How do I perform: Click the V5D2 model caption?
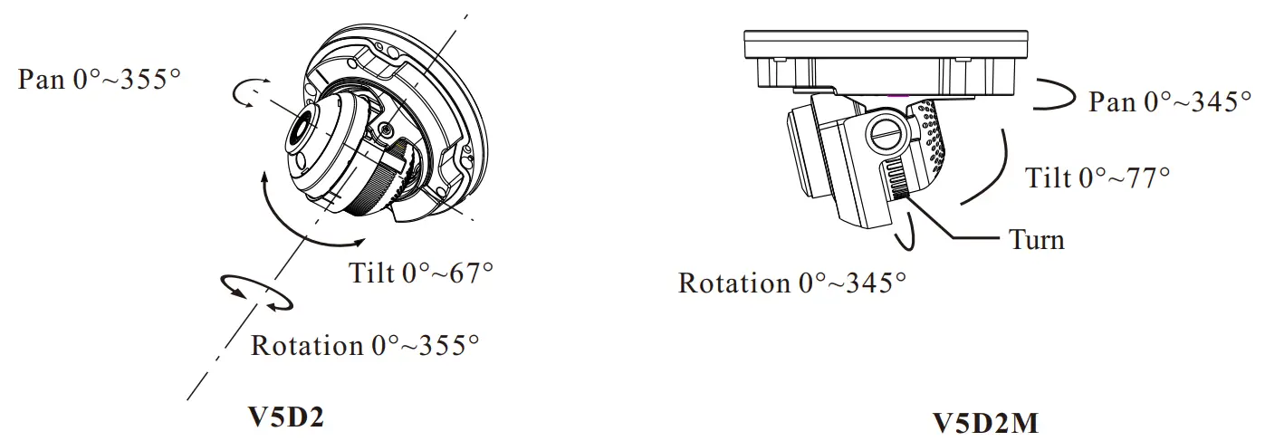(286, 417)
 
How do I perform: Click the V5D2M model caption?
(984, 423)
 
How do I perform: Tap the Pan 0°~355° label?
(99, 79)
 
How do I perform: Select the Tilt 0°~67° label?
(421, 273)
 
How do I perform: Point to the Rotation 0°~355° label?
(365, 345)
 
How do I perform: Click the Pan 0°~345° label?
(1170, 101)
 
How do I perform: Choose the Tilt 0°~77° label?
(1097, 177)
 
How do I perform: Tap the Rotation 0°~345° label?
(791, 283)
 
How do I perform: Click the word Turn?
(1036, 239)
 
